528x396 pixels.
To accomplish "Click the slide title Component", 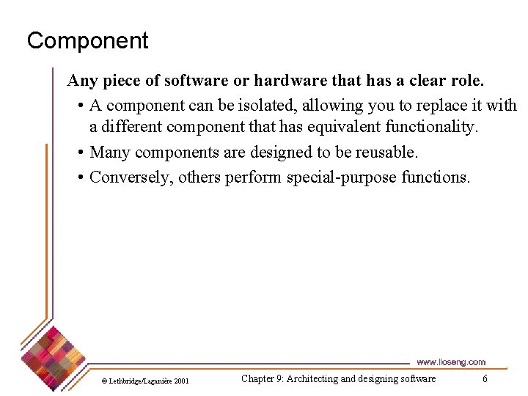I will tap(87, 40).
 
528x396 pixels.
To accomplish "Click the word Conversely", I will tap(131, 177).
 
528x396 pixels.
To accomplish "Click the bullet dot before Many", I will tap(79, 153).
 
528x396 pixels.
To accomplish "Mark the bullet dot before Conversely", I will tap(79, 177).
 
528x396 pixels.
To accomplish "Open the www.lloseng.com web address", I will tap(450, 362).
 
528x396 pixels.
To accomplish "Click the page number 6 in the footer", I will tap(485, 378).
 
